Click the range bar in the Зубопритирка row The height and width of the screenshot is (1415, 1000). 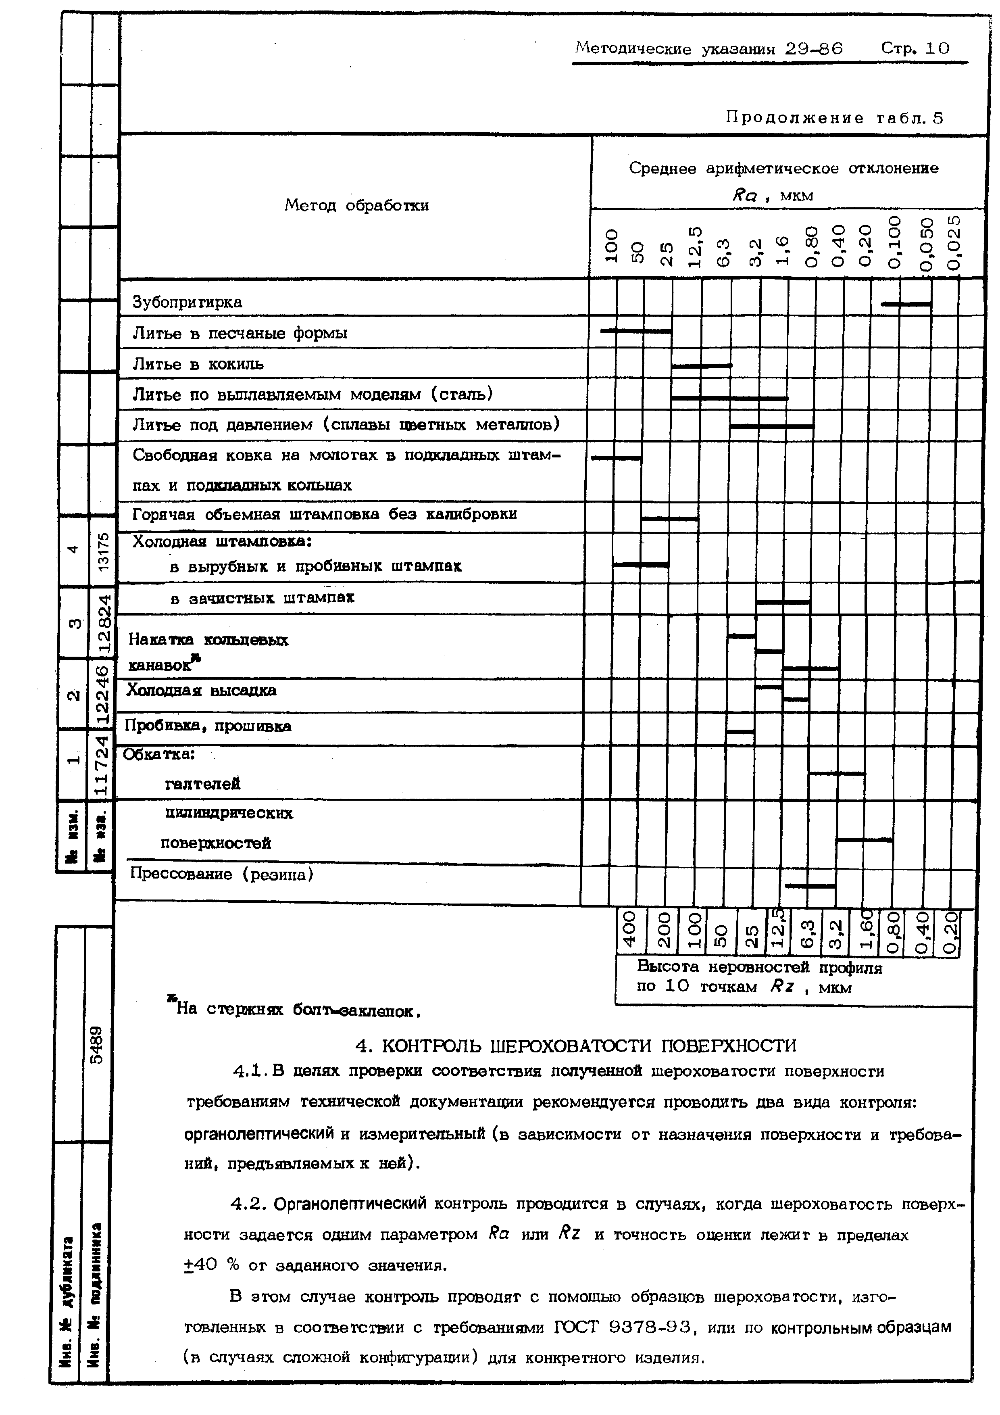(906, 304)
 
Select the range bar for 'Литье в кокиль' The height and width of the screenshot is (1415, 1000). (701, 366)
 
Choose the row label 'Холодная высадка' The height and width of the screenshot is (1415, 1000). (202, 690)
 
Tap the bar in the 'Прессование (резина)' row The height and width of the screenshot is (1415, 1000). (810, 886)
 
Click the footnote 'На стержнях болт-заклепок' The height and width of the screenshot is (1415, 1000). (296, 1011)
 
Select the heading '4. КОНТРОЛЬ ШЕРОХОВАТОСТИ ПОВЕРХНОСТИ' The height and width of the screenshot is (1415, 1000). (576, 1046)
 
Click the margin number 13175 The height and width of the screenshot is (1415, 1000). (104, 550)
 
